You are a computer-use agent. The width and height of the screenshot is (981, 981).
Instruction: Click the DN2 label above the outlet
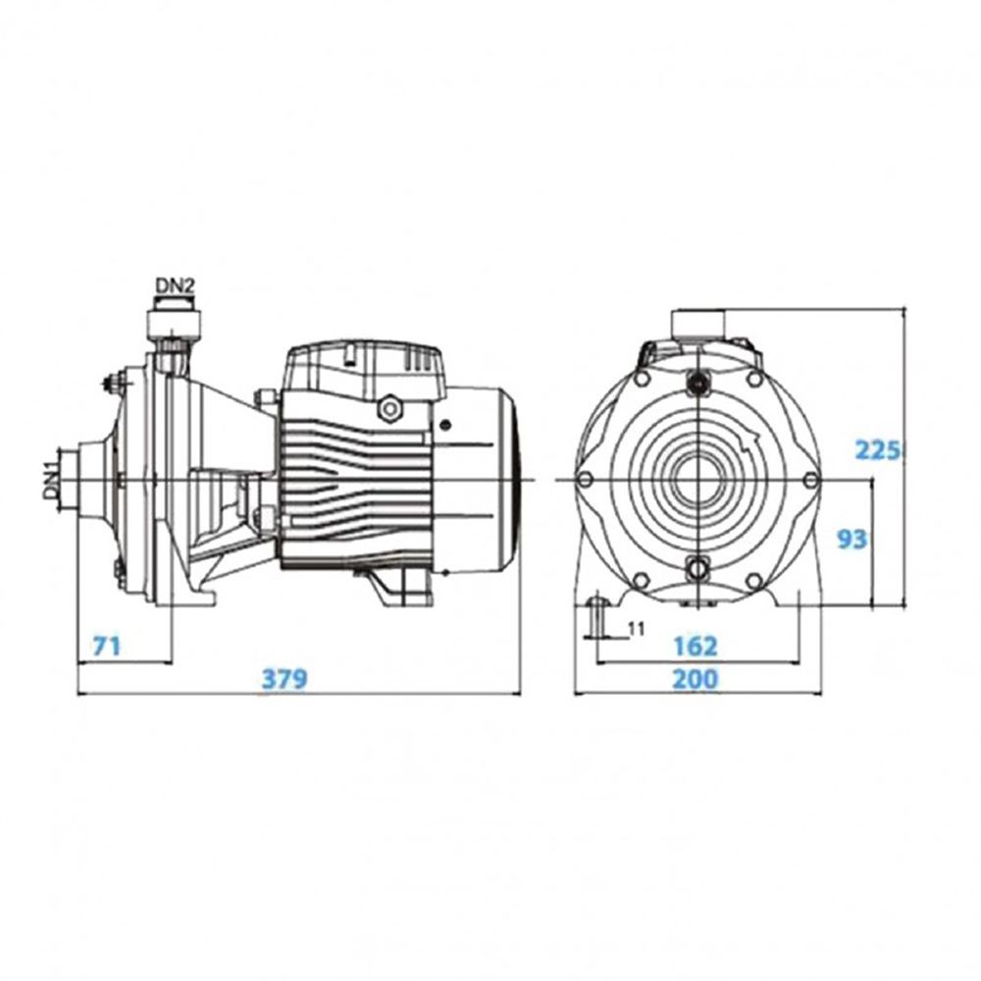(x=176, y=286)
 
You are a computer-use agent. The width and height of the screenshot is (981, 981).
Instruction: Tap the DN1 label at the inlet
(x=51, y=480)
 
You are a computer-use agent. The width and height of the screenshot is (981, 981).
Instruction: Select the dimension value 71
(x=107, y=645)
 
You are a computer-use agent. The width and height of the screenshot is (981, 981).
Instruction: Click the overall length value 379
(x=284, y=679)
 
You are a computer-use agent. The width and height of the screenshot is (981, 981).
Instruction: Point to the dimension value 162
(x=696, y=645)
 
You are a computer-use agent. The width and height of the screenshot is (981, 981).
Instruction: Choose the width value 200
(x=696, y=679)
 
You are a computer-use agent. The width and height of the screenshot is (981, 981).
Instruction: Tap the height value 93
(x=852, y=540)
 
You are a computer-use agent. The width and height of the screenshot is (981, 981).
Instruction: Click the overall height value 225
(x=878, y=450)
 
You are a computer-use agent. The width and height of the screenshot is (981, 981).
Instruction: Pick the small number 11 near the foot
(x=636, y=628)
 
